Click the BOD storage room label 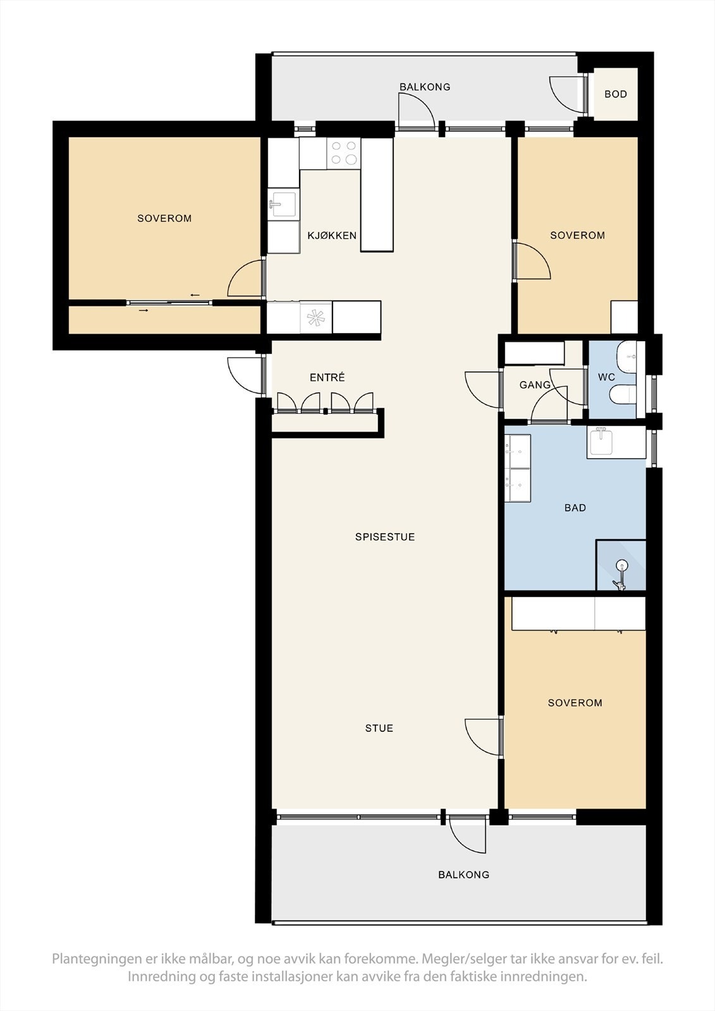(615, 94)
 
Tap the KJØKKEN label (332, 235)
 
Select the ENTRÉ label (327, 377)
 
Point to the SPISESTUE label (384, 536)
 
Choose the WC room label (606, 377)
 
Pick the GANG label (535, 385)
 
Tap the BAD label (575, 508)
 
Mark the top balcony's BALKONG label (425, 87)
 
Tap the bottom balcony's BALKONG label (464, 875)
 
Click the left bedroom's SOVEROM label (164, 219)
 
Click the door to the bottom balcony (468, 837)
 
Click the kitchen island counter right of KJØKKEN (377, 195)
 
